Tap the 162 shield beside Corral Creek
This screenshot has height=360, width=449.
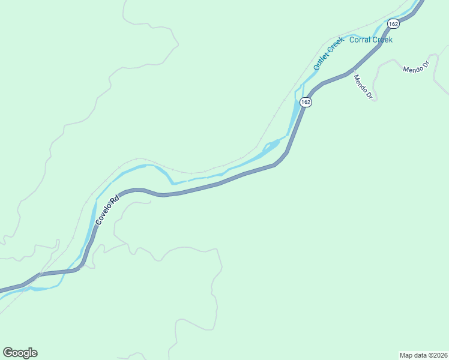(393, 23)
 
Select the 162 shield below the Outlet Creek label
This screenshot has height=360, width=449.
(306, 102)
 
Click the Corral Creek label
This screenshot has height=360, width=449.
(370, 40)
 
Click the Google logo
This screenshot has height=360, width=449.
(20, 353)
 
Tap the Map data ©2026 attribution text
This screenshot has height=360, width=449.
(423, 355)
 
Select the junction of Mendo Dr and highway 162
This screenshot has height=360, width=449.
(349, 73)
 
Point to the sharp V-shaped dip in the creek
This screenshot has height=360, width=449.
(172, 182)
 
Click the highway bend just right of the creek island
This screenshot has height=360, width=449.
(287, 151)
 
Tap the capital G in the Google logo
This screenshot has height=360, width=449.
(8, 353)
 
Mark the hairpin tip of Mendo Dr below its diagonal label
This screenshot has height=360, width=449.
(374, 100)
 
